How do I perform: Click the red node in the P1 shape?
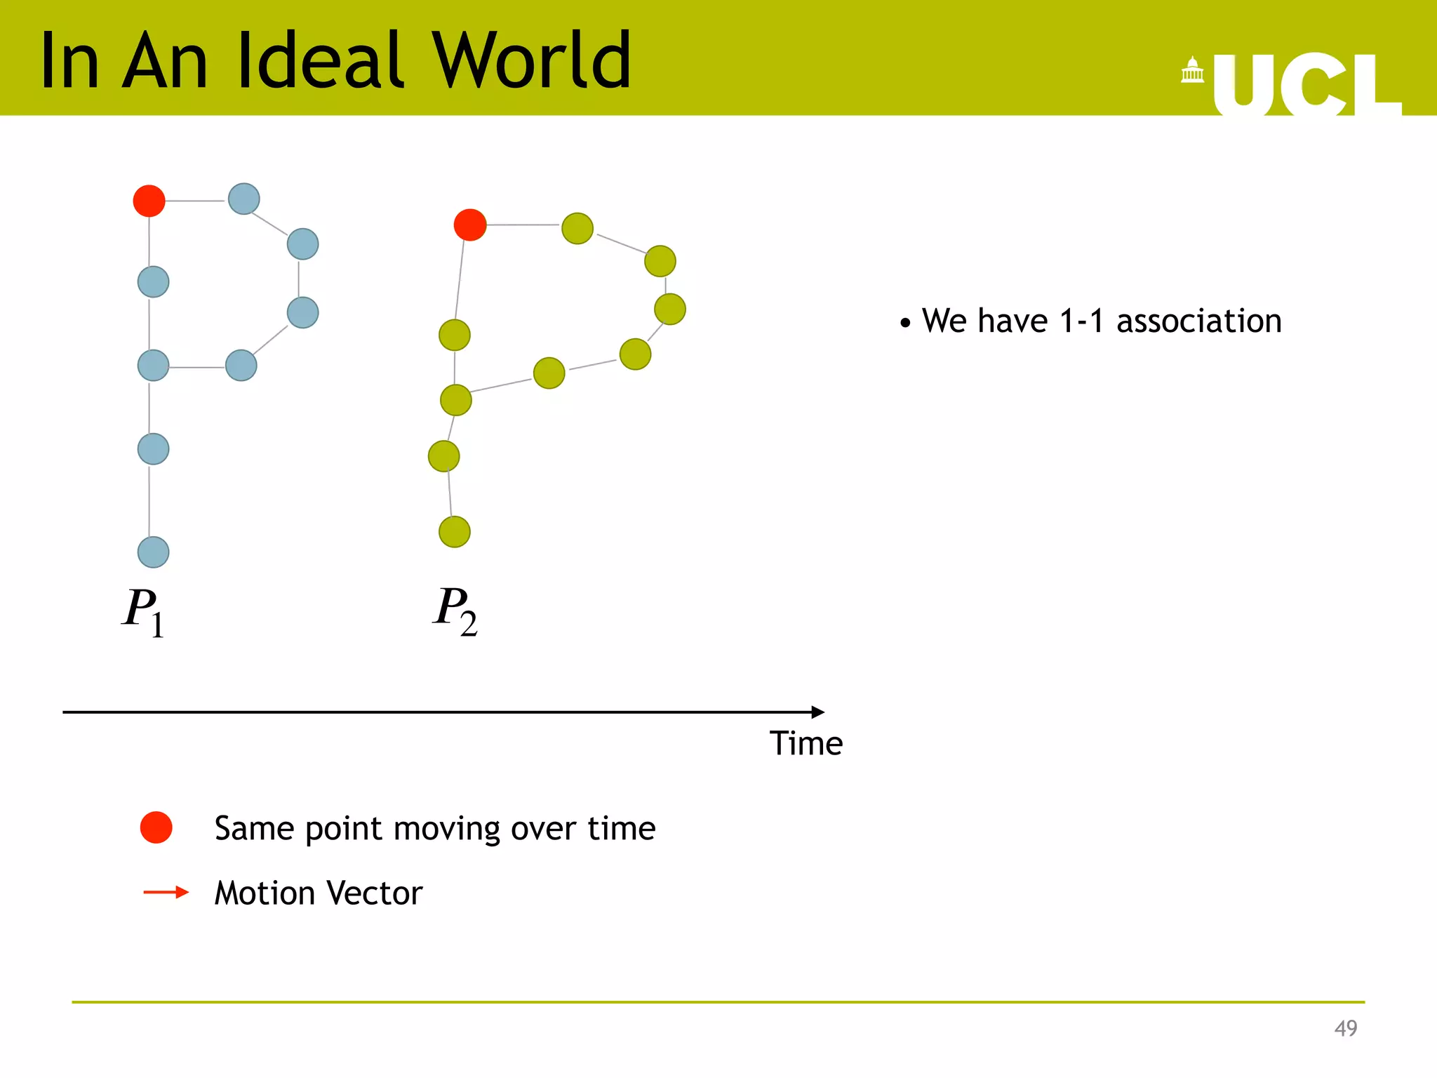[x=149, y=201]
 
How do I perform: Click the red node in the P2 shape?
[x=469, y=225]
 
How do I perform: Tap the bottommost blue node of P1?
[x=153, y=552]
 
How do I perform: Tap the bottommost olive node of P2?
[x=454, y=531]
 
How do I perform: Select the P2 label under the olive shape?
[x=455, y=611]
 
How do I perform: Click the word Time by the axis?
[x=806, y=743]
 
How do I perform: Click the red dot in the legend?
[x=156, y=827]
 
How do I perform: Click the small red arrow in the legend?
[x=166, y=892]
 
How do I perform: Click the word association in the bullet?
[x=1198, y=321]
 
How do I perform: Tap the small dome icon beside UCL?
[x=1192, y=70]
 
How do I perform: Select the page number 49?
[x=1345, y=1028]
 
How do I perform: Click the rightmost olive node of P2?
[x=669, y=309]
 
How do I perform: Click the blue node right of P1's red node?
[x=243, y=199]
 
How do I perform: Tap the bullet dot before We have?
[x=905, y=324]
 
